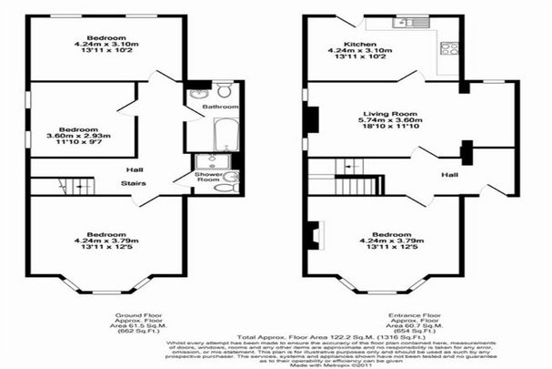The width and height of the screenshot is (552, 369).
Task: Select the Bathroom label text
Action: [x=220, y=107]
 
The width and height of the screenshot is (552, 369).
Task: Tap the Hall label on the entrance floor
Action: [x=448, y=173]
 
